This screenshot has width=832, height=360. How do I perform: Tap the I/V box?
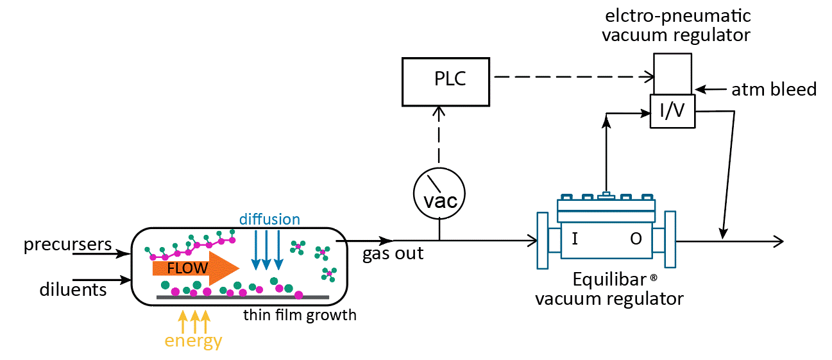[672, 112]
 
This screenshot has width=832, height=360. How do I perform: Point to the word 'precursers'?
[68, 245]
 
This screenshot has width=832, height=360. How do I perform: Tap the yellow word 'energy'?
[193, 341]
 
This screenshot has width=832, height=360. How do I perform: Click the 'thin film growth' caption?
[300, 315]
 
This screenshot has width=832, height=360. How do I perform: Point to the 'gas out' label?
[393, 253]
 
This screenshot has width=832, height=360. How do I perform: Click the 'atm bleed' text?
[774, 90]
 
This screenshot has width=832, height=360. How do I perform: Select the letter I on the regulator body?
[575, 239]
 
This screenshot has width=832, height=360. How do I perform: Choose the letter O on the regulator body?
[636, 239]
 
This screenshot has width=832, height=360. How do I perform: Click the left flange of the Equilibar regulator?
[543, 239]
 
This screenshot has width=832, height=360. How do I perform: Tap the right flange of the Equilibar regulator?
[670, 239]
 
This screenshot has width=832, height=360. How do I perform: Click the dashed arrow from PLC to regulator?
[571, 77]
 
